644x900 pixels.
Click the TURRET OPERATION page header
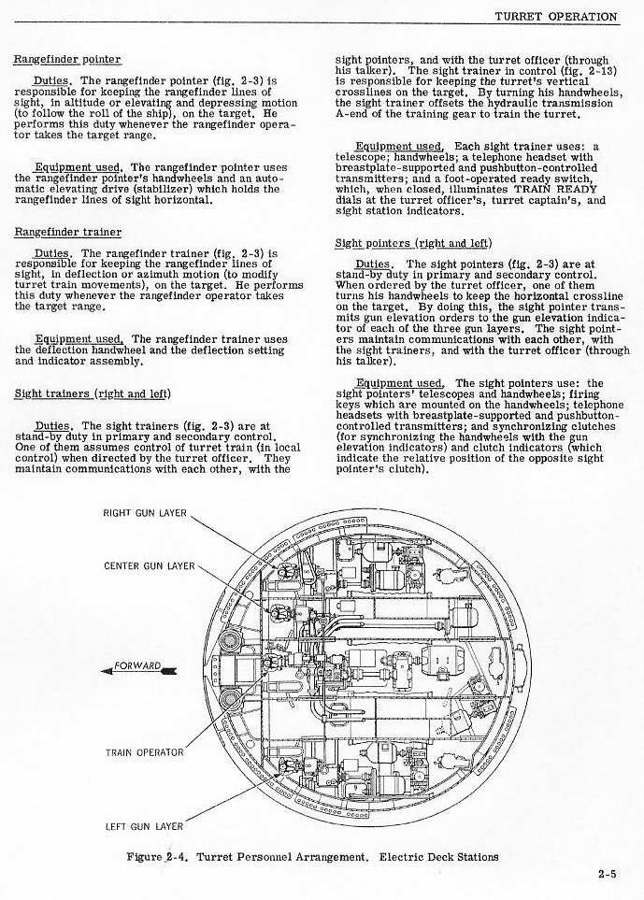tap(555, 17)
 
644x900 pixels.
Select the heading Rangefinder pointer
tap(66, 60)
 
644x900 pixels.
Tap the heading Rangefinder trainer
tap(66, 232)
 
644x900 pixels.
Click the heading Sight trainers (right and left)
tap(93, 393)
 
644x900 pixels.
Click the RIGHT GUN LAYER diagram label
tap(145, 513)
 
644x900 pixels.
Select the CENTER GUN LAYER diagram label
tap(149, 565)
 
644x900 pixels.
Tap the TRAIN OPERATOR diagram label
tap(144, 750)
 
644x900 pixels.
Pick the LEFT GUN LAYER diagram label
tap(144, 825)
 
